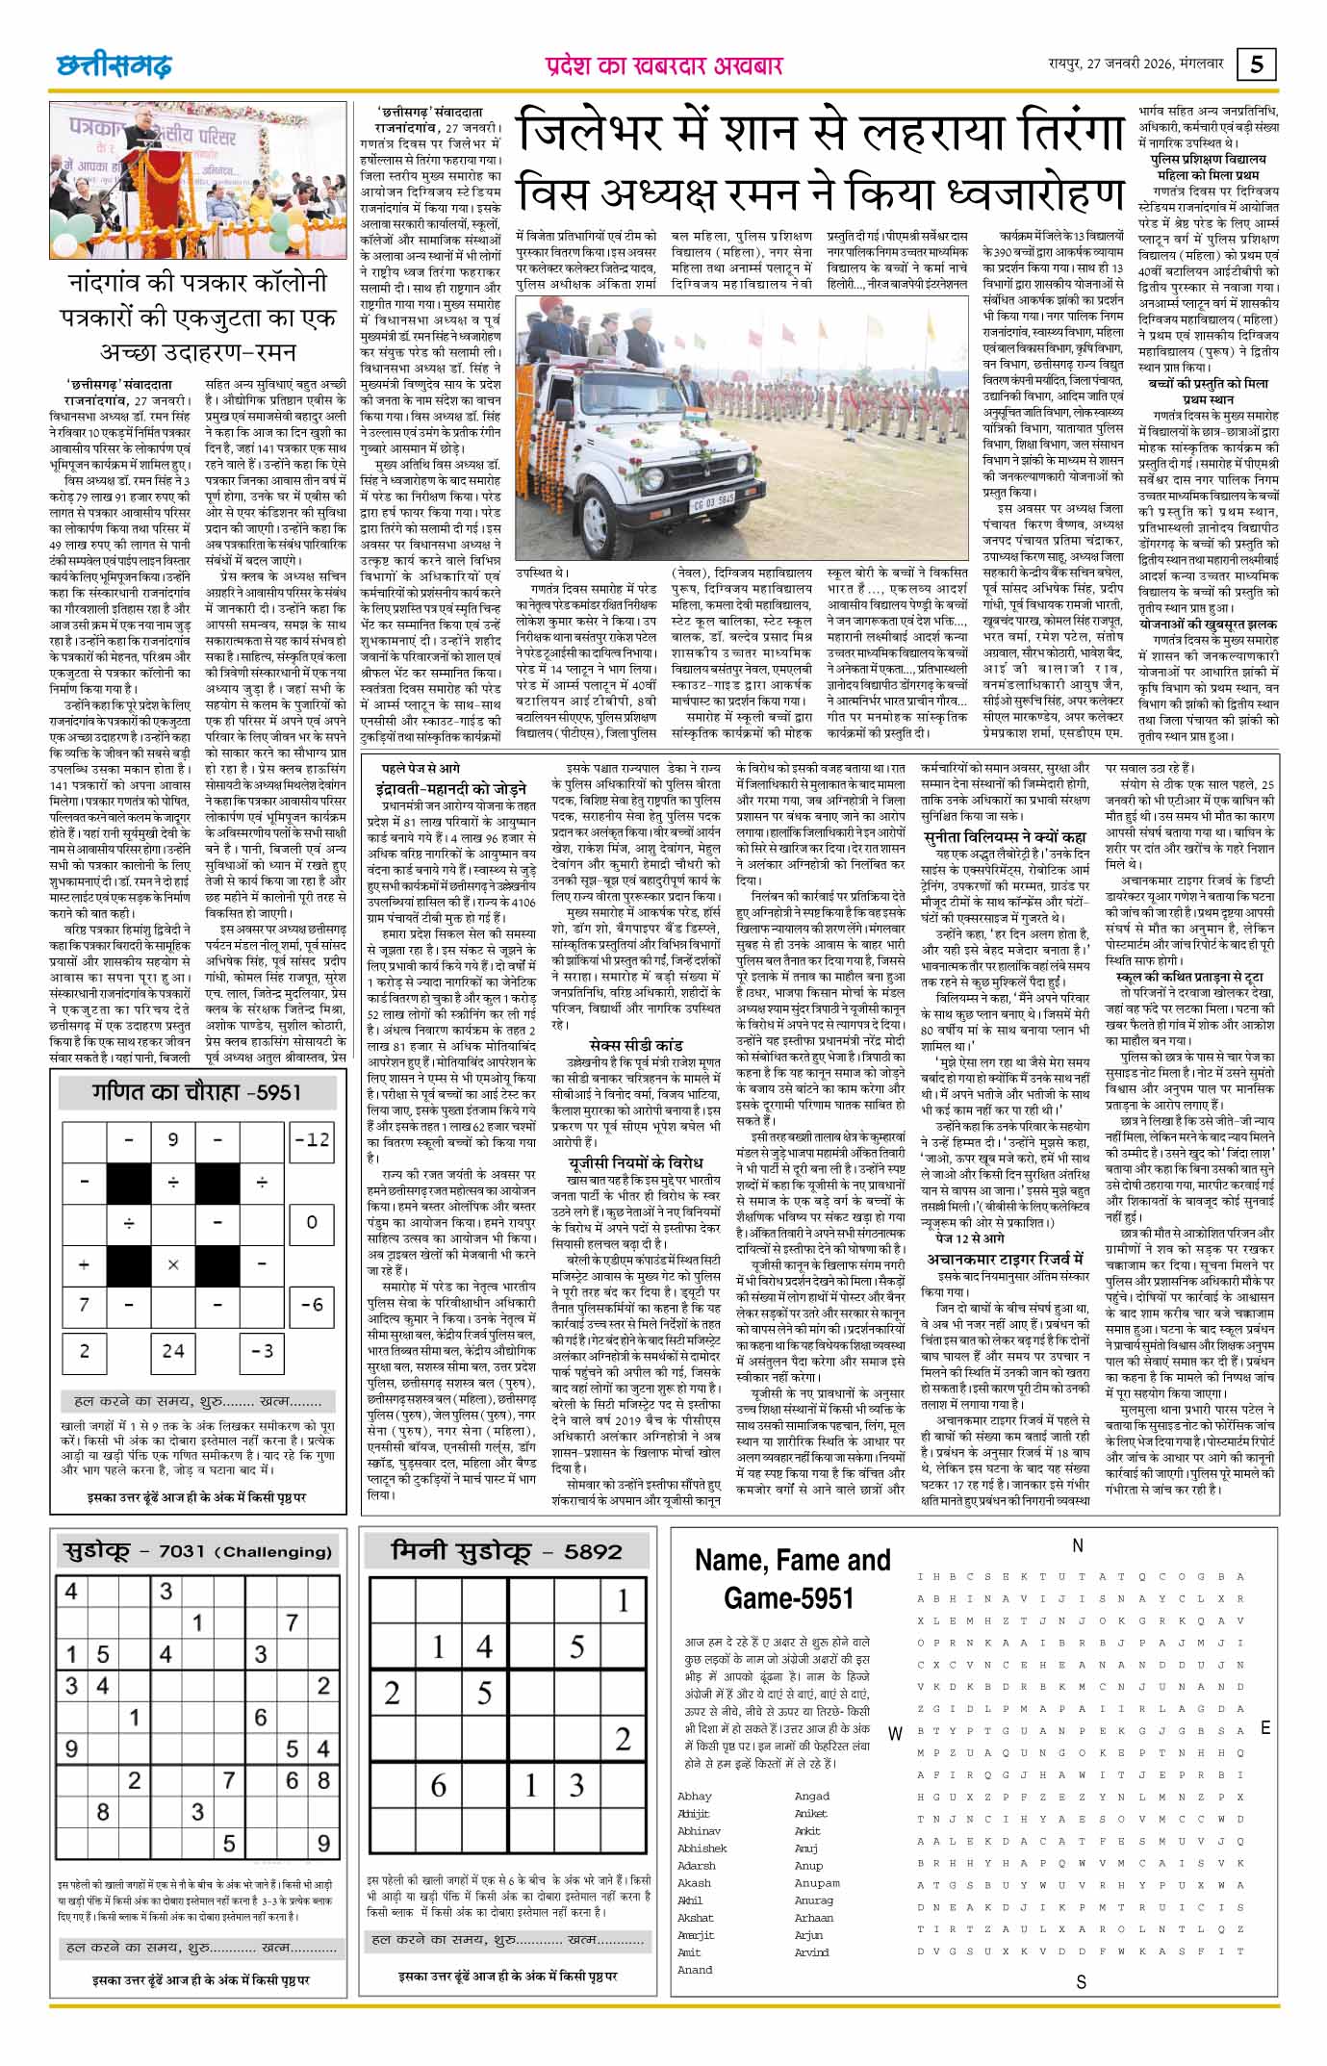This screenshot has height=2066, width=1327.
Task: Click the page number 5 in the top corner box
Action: (1257, 64)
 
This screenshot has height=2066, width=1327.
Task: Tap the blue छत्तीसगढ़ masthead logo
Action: (114, 65)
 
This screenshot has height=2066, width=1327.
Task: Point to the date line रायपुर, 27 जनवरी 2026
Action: (1136, 64)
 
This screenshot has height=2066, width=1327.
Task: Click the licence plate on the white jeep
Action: (713, 498)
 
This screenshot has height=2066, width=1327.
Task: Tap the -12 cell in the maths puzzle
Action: (312, 1139)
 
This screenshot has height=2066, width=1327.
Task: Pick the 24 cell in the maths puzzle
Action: (173, 1350)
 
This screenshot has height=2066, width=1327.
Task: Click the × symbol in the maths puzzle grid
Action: (173, 1264)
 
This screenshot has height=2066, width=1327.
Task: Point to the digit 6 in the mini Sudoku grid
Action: (438, 1785)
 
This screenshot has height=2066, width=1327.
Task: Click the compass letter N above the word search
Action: (1078, 1544)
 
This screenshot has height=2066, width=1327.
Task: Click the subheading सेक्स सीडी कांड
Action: (636, 1044)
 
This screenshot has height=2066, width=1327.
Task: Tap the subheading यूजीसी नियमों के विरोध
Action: (634, 1162)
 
